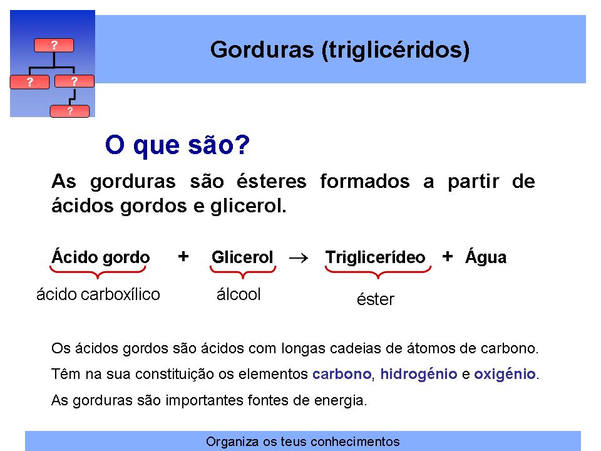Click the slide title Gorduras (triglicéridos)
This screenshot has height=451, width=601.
click(x=340, y=50)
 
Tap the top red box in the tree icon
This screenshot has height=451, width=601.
click(x=54, y=45)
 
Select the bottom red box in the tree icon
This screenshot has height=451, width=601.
click(x=69, y=111)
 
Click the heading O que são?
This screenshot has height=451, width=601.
click(x=177, y=145)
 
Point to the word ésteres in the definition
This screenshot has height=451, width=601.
click(x=271, y=181)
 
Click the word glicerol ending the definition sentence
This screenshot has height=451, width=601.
click(x=248, y=206)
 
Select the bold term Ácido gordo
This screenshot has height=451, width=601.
click(x=100, y=257)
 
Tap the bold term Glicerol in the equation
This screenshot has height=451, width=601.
click(x=242, y=257)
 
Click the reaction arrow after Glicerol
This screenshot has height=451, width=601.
click(x=299, y=258)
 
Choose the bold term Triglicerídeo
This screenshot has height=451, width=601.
click(x=375, y=257)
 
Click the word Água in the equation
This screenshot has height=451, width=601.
click(x=486, y=257)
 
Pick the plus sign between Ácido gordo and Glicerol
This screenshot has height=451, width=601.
click(x=183, y=256)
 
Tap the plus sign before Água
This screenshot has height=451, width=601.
click(x=447, y=256)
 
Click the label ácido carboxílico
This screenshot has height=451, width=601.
click(x=98, y=294)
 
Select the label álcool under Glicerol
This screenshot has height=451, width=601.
click(x=239, y=294)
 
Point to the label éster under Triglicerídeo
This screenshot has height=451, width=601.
click(x=375, y=299)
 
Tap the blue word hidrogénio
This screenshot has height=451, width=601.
click(x=419, y=374)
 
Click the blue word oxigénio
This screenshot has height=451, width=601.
click(x=505, y=374)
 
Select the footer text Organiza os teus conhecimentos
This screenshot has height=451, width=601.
click(x=303, y=442)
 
